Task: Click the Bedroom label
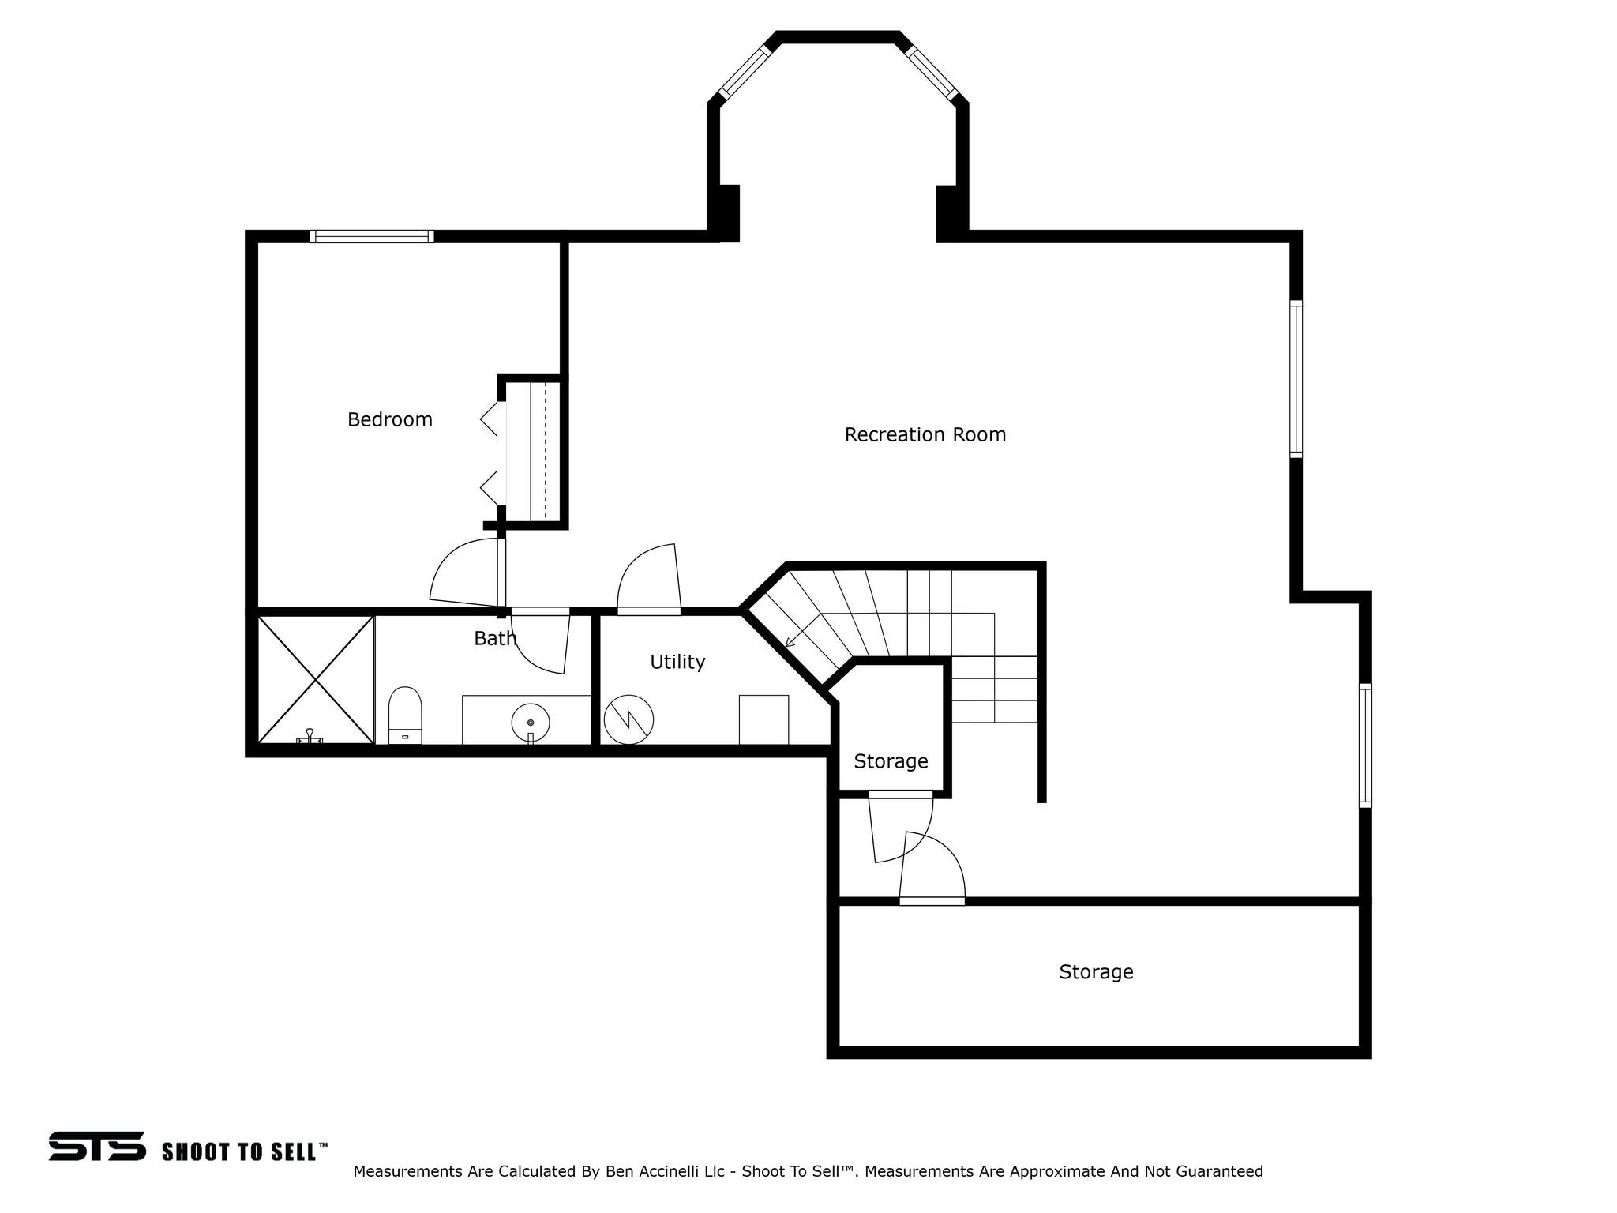pyautogui.click(x=390, y=419)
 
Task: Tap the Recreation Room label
pyautogui.click(x=925, y=434)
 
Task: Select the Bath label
pyautogui.click(x=495, y=638)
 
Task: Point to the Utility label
pyautogui.click(x=677, y=662)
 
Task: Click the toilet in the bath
pyautogui.click(x=405, y=715)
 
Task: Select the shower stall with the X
pyautogui.click(x=316, y=679)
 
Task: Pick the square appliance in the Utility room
pyautogui.click(x=763, y=719)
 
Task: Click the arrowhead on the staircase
pyautogui.click(x=790, y=642)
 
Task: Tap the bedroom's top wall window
pyautogui.click(x=372, y=235)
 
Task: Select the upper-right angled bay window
pyautogui.click(x=932, y=73)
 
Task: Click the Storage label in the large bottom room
pyautogui.click(x=1096, y=972)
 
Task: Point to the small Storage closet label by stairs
pyautogui.click(x=891, y=761)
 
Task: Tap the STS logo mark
pyautogui.click(x=97, y=1146)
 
